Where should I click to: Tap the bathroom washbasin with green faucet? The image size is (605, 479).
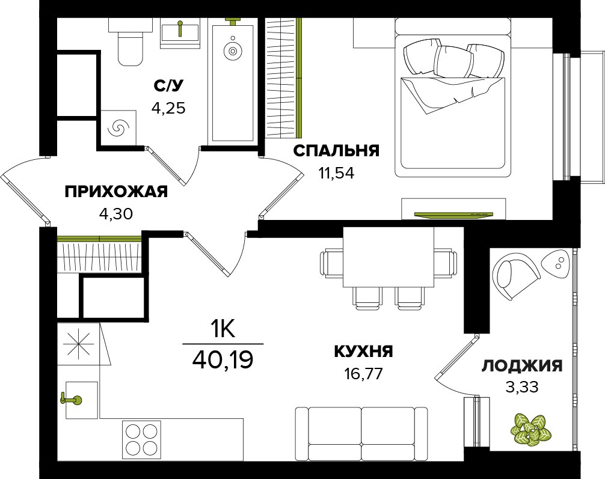[180, 33]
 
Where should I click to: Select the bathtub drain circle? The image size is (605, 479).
[232, 51]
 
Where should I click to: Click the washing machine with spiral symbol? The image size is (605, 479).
[118, 127]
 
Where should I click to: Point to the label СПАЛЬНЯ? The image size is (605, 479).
[336, 151]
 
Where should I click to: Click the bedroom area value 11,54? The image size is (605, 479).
[336, 173]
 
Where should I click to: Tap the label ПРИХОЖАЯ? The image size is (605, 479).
[116, 192]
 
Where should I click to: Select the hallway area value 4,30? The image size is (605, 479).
[116, 214]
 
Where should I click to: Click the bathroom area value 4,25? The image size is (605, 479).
[168, 108]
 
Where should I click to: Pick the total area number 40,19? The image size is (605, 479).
[223, 360]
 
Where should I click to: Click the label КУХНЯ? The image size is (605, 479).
[363, 352]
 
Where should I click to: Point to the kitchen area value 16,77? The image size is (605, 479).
[364, 374]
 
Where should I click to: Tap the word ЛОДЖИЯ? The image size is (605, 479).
[522, 366]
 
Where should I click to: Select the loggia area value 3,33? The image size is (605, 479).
[522, 387]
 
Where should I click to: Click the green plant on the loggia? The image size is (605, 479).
[530, 430]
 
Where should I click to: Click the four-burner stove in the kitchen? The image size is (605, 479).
[141, 440]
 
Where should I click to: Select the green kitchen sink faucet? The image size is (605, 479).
[72, 400]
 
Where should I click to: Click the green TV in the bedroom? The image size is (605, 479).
[453, 215]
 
